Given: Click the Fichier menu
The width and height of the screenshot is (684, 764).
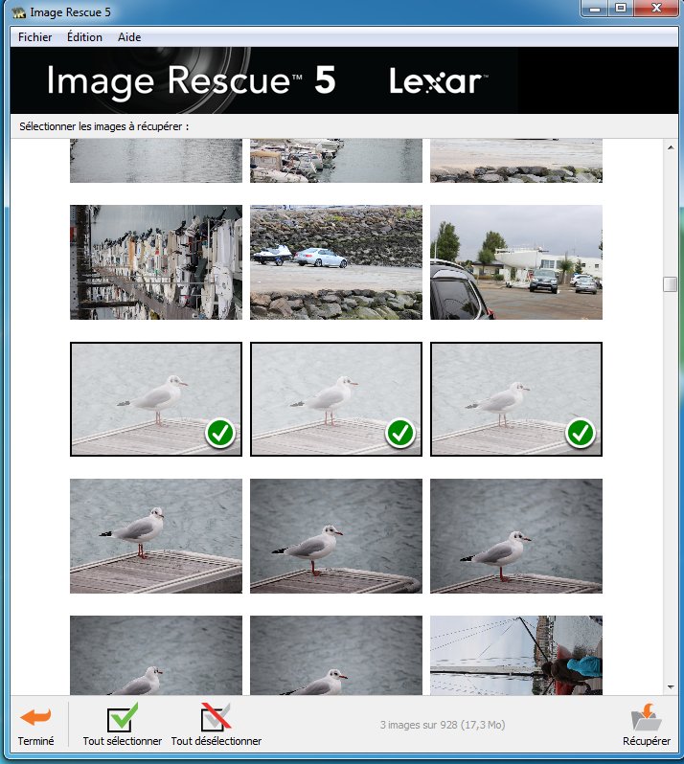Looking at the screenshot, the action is pos(35,37).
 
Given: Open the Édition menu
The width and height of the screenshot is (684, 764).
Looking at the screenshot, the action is pos(84,37).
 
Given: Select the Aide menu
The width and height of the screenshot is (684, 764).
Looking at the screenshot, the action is pos(129,37).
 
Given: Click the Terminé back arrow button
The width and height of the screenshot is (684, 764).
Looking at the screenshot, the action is pos(35,726).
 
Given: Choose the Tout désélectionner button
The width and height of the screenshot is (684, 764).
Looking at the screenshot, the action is pos(216,725).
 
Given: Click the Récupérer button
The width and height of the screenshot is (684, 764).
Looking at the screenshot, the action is pos(647,725).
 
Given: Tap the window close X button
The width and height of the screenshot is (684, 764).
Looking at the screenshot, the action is pos(656,9).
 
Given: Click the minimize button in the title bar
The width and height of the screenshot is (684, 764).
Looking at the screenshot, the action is pos(594,9).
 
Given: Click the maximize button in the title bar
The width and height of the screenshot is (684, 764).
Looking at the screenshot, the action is pos(621,9).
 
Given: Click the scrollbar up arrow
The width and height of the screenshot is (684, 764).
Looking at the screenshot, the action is pos(671,147).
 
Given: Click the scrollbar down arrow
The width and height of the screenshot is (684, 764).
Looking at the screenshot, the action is pos(671,687).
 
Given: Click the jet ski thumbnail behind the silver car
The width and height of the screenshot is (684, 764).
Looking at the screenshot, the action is pos(272,255).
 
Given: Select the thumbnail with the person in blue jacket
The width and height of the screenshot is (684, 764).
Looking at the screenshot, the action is pos(516,655).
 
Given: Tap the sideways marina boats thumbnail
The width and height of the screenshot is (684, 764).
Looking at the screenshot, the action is pos(156,262).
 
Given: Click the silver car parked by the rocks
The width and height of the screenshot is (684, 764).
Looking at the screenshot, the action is pos(321,258).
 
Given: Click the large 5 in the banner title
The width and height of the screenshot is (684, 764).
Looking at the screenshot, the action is pos(325,79).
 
